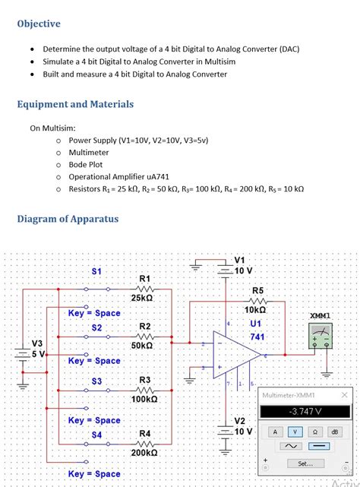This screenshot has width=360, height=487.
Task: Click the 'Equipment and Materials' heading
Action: coord(75,104)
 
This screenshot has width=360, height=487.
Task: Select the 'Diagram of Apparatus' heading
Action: coord(68,220)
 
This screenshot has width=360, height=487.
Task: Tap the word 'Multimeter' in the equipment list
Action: coord(89,152)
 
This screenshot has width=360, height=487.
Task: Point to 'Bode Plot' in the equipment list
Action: coord(86,164)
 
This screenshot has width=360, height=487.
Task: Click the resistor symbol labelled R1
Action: coord(145,289)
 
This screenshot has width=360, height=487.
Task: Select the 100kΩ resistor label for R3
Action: coord(145,399)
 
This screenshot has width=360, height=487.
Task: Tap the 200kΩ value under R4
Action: coord(145,452)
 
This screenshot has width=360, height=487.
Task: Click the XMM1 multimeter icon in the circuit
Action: coord(321,335)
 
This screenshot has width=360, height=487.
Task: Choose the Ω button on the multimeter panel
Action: coord(314,431)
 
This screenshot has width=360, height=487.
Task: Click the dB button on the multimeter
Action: coord(335,431)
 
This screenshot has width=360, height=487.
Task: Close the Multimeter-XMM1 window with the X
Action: coord(344,395)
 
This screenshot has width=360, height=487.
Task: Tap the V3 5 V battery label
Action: coord(36,348)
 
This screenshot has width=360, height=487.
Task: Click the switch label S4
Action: coord(96,435)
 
